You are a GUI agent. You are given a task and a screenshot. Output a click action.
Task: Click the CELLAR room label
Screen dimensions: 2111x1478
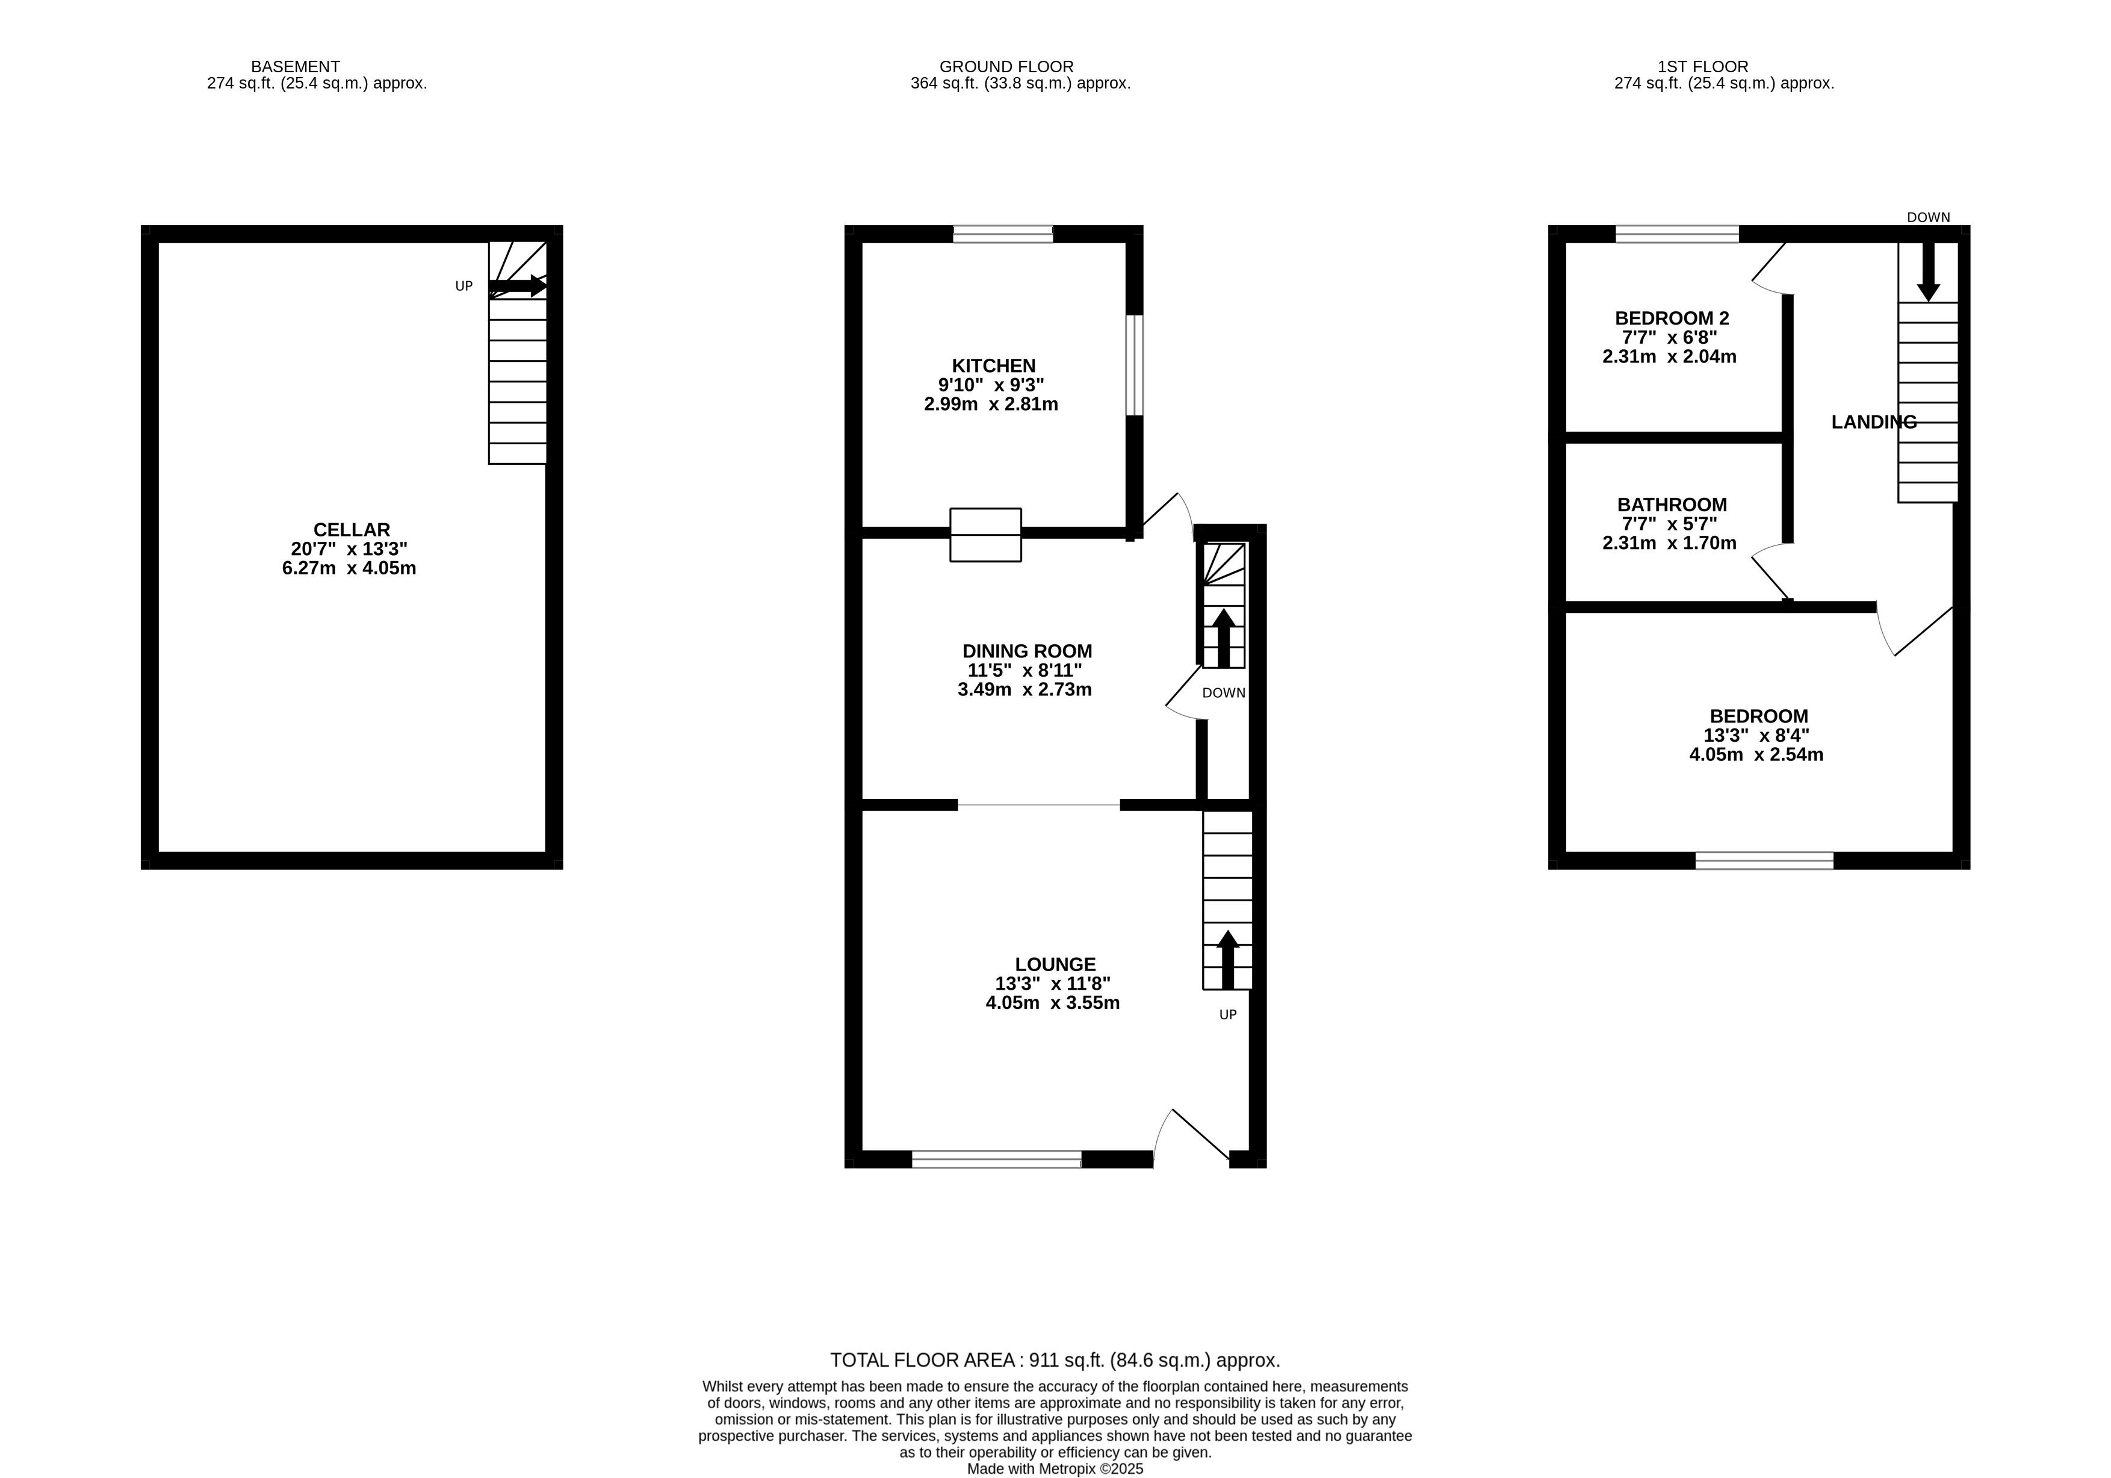coord(351,530)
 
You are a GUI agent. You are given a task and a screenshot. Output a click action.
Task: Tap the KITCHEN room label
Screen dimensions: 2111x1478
coord(993,366)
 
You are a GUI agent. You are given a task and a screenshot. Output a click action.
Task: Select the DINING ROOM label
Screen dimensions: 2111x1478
coord(1027,651)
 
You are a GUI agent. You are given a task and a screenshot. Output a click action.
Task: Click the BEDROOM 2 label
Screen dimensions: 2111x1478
coord(1672,318)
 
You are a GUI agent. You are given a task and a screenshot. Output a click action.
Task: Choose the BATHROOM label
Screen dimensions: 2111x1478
coord(1672,505)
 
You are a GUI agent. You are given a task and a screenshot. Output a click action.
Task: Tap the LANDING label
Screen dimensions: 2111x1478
coord(1874,422)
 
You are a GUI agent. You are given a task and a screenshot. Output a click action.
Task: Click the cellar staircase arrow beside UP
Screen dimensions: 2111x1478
coord(518,286)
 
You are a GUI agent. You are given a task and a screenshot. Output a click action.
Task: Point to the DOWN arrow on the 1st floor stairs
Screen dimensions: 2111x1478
coord(1928,272)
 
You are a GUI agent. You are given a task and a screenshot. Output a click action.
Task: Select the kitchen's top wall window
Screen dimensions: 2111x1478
coord(1002,234)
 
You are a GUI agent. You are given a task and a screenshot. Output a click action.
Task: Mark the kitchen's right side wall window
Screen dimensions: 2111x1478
coord(1135,365)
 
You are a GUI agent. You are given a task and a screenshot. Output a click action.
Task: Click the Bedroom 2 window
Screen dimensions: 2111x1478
coord(1677,234)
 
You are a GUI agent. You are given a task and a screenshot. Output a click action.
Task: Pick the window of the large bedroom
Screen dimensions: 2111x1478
coord(1764,861)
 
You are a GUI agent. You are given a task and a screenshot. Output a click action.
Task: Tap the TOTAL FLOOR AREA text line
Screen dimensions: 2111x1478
coord(1055,1360)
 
